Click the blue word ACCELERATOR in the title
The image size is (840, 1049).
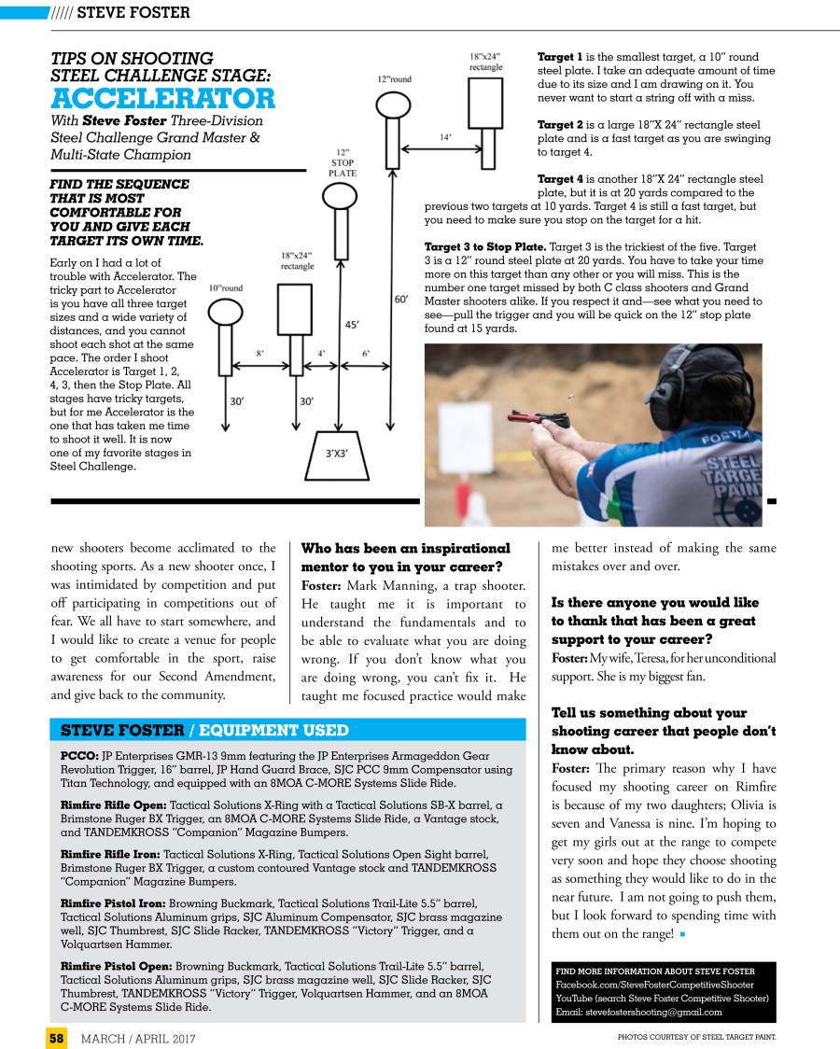click(163, 98)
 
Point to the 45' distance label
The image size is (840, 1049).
click(353, 326)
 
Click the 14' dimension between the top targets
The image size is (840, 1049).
click(446, 137)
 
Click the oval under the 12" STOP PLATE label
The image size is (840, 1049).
click(334, 196)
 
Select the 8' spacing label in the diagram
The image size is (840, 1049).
click(260, 354)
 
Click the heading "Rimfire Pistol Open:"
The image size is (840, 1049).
click(116, 965)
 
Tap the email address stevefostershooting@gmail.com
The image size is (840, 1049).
click(638, 1012)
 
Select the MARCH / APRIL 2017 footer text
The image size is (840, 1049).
click(139, 1037)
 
